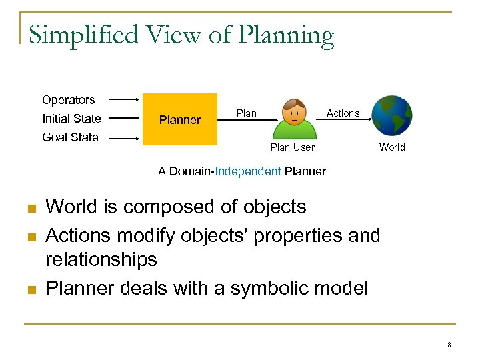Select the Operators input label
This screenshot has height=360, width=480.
[x=69, y=100]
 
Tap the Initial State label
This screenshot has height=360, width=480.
[x=71, y=119]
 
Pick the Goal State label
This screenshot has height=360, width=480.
[x=70, y=137]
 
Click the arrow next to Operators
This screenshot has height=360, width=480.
[x=124, y=101]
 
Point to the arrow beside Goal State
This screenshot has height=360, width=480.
[x=124, y=138]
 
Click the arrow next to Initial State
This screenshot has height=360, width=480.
[x=124, y=119]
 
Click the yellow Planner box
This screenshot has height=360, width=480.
[x=180, y=119]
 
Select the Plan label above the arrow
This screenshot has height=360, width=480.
[x=247, y=113]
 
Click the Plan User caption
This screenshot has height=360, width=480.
[x=293, y=147]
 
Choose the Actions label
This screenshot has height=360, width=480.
[x=343, y=113]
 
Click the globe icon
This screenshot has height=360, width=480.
[x=392, y=115]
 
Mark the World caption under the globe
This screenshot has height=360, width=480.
[x=392, y=147]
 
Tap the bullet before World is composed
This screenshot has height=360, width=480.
[x=31, y=209]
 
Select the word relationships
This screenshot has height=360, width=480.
[x=101, y=259]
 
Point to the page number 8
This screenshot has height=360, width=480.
[x=449, y=345]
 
